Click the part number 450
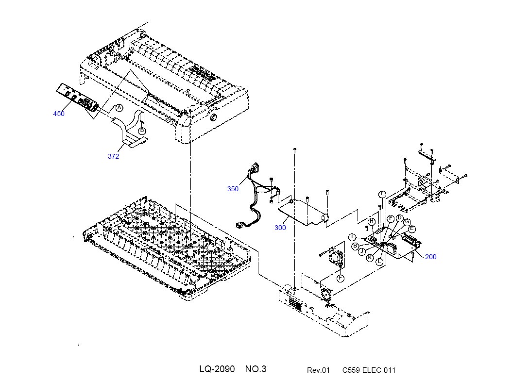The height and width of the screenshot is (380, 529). click(x=59, y=114)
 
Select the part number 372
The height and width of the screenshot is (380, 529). click(x=113, y=156)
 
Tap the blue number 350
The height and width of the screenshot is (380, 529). click(x=233, y=189)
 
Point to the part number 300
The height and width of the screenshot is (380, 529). click(x=280, y=228)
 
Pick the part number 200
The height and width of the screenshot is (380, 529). click(x=430, y=257)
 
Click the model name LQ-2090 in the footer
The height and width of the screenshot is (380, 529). click(x=217, y=369)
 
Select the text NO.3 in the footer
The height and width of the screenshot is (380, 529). click(x=256, y=369)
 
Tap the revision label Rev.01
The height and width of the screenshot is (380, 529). click(x=318, y=370)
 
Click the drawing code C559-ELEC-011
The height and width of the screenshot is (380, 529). click(x=369, y=370)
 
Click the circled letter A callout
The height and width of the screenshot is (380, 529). click(x=119, y=108)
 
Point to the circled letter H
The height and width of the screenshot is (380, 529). click(x=372, y=221)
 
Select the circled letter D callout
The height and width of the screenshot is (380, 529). click(x=399, y=218)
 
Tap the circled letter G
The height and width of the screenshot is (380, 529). click(x=407, y=222)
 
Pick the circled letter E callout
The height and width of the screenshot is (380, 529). click(x=411, y=229)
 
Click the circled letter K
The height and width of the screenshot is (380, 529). click(x=370, y=258)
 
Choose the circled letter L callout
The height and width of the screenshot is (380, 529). click(x=379, y=261)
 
